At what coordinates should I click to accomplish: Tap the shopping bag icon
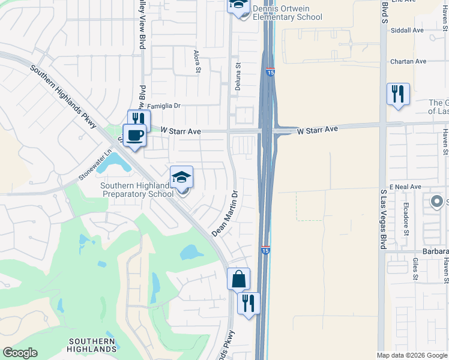[238, 278]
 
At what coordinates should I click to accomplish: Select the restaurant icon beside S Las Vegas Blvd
[398, 94]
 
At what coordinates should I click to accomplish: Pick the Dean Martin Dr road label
[226, 214]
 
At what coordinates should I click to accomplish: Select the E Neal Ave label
[405, 187]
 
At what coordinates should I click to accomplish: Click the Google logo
[20, 353]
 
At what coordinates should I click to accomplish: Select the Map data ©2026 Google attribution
[412, 355]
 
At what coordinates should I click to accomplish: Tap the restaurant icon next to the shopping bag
[248, 302]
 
